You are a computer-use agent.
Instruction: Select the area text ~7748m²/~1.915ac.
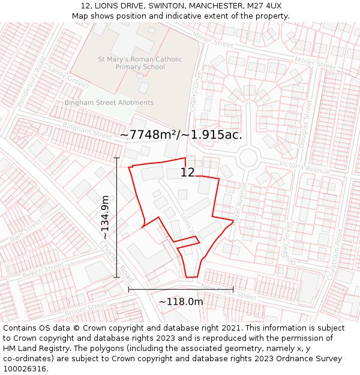[181, 135]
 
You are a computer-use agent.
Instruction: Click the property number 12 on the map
[188, 173]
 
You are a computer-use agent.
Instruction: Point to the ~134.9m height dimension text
[104, 218]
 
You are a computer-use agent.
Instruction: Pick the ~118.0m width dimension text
[181, 302]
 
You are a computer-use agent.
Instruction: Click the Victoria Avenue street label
[305, 167]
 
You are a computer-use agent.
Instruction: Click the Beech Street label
[43, 270]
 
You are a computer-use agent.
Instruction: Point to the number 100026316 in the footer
[26, 368]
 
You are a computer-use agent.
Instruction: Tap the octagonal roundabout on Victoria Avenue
[247, 158]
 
